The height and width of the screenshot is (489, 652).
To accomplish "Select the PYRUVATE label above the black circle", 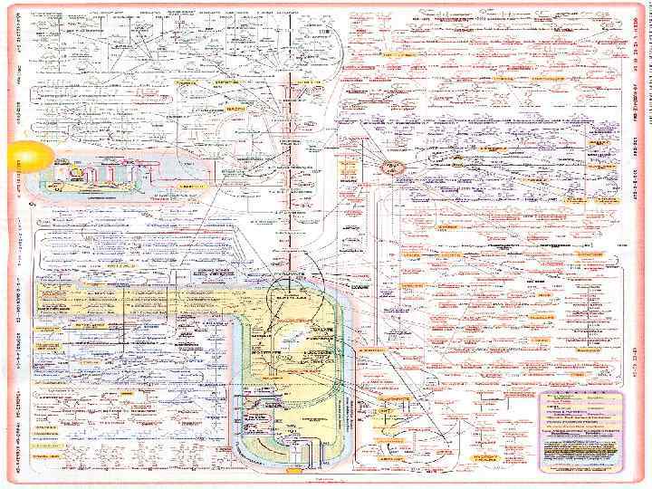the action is click(289, 273).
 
